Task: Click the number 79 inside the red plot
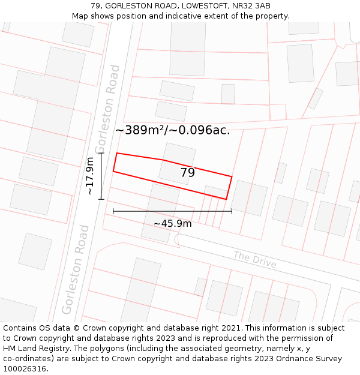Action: pyautogui.click(x=188, y=173)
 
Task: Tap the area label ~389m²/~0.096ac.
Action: pyautogui.click(x=172, y=130)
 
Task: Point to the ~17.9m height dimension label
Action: pyautogui.click(x=90, y=176)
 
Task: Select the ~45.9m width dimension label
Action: pyautogui.click(x=172, y=224)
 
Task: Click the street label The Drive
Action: pyautogui.click(x=254, y=260)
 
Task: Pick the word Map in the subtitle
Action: pyautogui.click(x=80, y=16)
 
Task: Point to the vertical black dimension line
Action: pyautogui.click(x=101, y=176)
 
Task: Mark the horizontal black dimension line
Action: pyautogui.click(x=172, y=211)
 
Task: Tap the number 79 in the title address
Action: pyautogui.click(x=96, y=6)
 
